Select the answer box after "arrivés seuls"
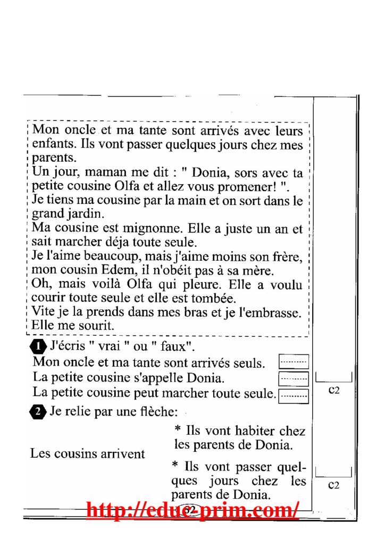tap(294, 362)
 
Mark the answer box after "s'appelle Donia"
tap(294, 378)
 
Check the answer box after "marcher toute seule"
tap(294, 394)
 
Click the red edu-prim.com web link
tap(192, 510)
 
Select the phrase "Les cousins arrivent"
tap(87, 454)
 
